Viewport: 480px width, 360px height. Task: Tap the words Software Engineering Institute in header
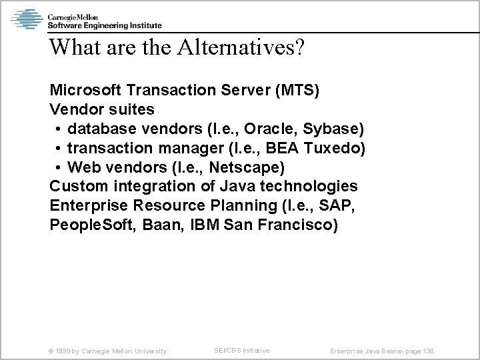click(103, 25)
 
